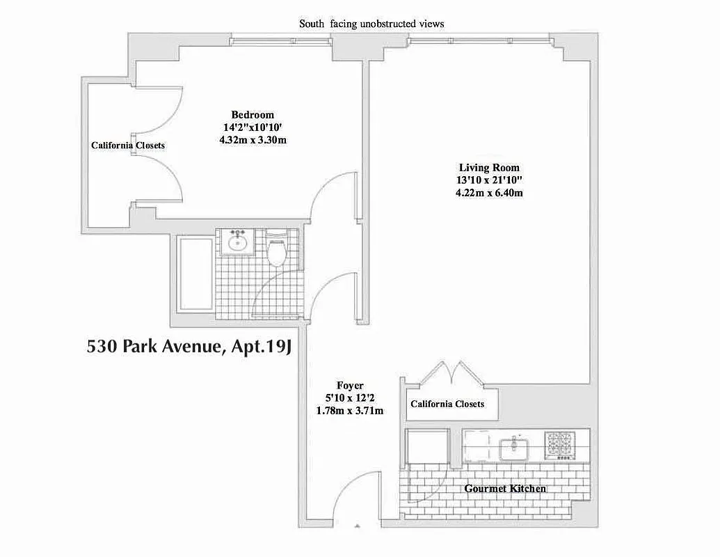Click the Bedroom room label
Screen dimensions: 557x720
253,114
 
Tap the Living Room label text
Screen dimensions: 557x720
489,167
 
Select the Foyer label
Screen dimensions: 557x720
350,385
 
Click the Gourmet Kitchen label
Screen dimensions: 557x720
505,489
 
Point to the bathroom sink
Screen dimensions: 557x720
239,242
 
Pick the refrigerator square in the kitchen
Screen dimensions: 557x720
426,446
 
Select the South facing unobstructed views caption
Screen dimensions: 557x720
371,24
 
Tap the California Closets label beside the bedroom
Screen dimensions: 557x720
128,145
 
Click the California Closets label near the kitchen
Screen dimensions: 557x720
447,404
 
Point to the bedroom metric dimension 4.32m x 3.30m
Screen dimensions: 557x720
253,140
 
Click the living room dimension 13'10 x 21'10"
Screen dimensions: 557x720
489,180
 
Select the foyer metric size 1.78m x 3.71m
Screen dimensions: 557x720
350,411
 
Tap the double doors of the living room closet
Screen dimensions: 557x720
453,374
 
